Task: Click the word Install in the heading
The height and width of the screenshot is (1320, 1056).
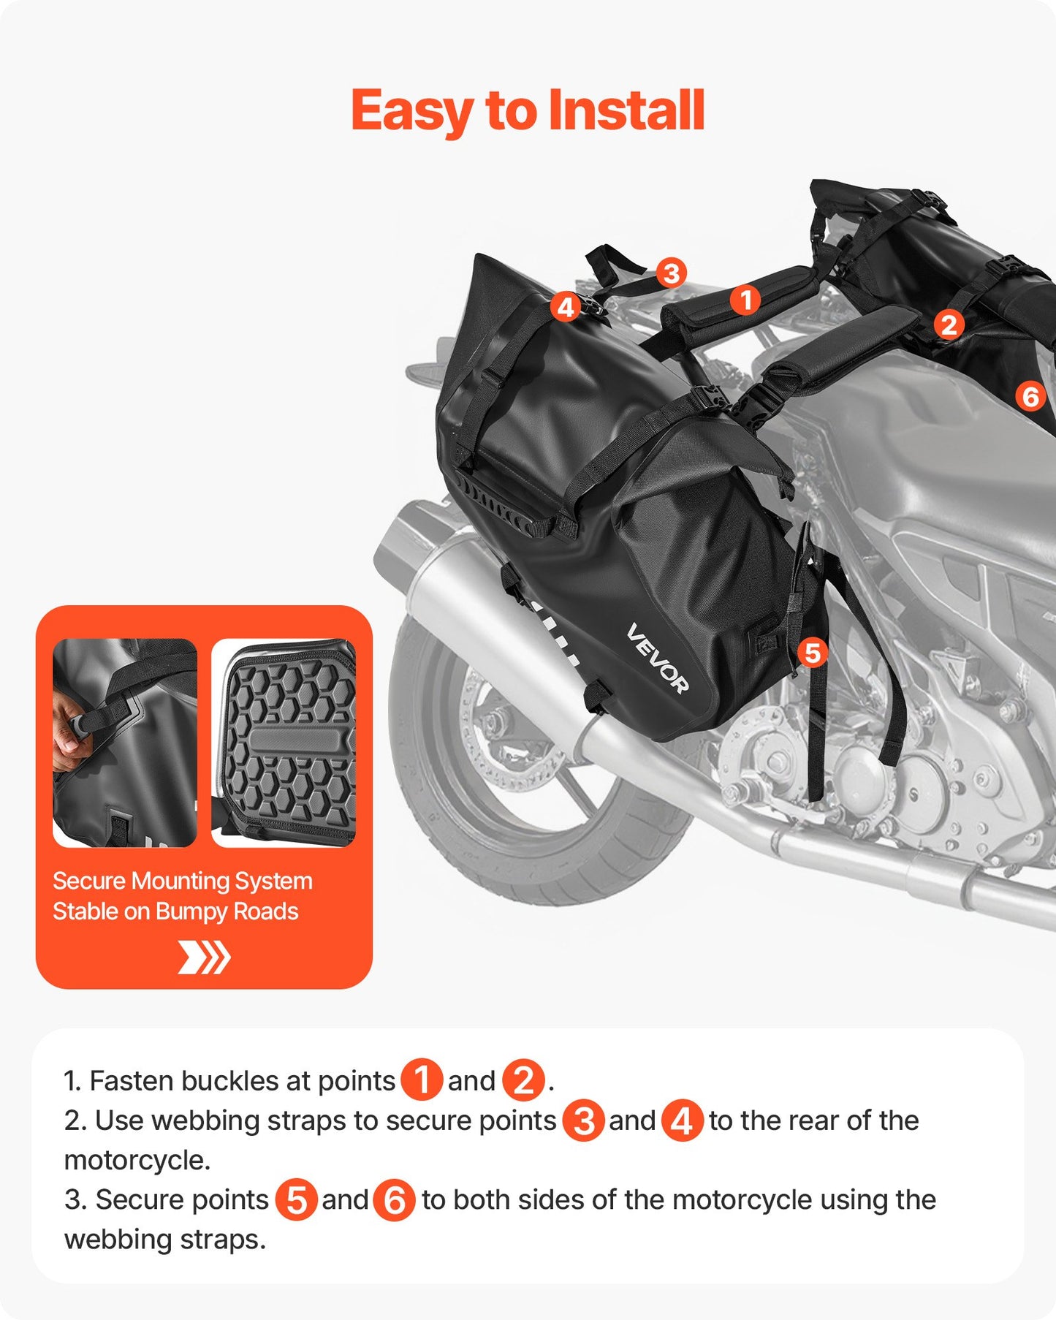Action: coord(626,111)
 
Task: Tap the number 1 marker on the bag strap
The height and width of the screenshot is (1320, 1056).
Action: coord(745,300)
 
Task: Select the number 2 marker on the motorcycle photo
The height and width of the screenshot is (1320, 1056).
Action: coord(949,325)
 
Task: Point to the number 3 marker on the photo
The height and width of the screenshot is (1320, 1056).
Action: coord(671,273)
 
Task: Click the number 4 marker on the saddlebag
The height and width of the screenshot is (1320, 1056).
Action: coord(566,307)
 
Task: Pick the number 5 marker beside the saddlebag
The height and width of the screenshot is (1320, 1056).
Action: coord(813,653)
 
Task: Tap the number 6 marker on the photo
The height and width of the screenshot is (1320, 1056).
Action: coord(1030,397)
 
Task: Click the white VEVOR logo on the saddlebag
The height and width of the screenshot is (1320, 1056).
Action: coord(657,658)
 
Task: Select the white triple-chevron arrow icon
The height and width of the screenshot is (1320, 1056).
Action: coord(204,957)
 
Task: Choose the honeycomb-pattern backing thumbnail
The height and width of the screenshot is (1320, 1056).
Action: coord(284,743)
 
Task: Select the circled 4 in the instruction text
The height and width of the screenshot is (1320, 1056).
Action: coord(682,1120)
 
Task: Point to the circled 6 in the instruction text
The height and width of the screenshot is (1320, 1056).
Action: coord(395,1199)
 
